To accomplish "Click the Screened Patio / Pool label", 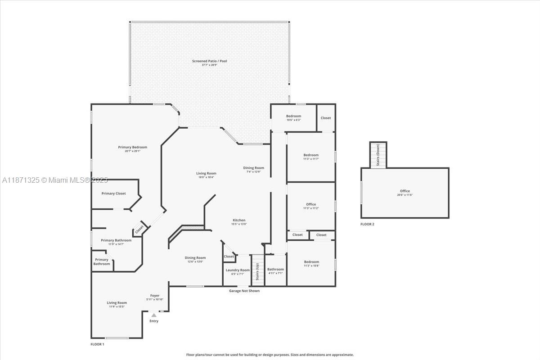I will [209, 61].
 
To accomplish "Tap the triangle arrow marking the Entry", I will [154, 315].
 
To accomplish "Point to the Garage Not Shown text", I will [244, 291].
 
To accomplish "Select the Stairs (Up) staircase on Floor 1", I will [257, 270].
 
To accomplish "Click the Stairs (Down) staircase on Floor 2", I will [378, 155].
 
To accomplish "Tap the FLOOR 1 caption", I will [97, 344].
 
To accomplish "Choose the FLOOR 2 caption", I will [367, 224].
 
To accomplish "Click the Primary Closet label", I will [113, 193].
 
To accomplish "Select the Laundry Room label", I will [237, 270].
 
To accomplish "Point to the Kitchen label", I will [238, 220].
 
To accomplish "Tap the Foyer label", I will [155, 296].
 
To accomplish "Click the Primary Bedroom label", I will [132, 147].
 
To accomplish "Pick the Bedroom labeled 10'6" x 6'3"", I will [293, 116].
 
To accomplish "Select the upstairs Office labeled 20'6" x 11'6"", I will [405, 191].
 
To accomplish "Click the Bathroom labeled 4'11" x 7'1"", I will [275, 269].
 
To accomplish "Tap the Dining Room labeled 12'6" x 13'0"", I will [195, 258].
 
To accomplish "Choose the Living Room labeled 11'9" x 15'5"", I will [117, 303].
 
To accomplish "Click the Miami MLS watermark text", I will [55, 180].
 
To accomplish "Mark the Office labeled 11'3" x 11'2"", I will [310, 204].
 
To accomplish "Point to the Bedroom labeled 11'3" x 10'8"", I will [311, 262].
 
